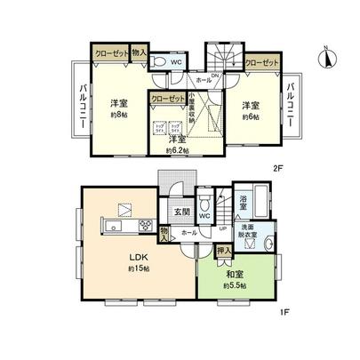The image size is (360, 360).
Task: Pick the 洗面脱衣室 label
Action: click(251, 230)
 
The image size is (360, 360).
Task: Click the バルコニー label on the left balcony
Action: click(80, 105)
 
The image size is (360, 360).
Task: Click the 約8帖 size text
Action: click(116, 116)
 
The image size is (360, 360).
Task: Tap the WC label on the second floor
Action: click(175, 62)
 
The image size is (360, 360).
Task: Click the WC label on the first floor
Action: click(204, 217)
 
